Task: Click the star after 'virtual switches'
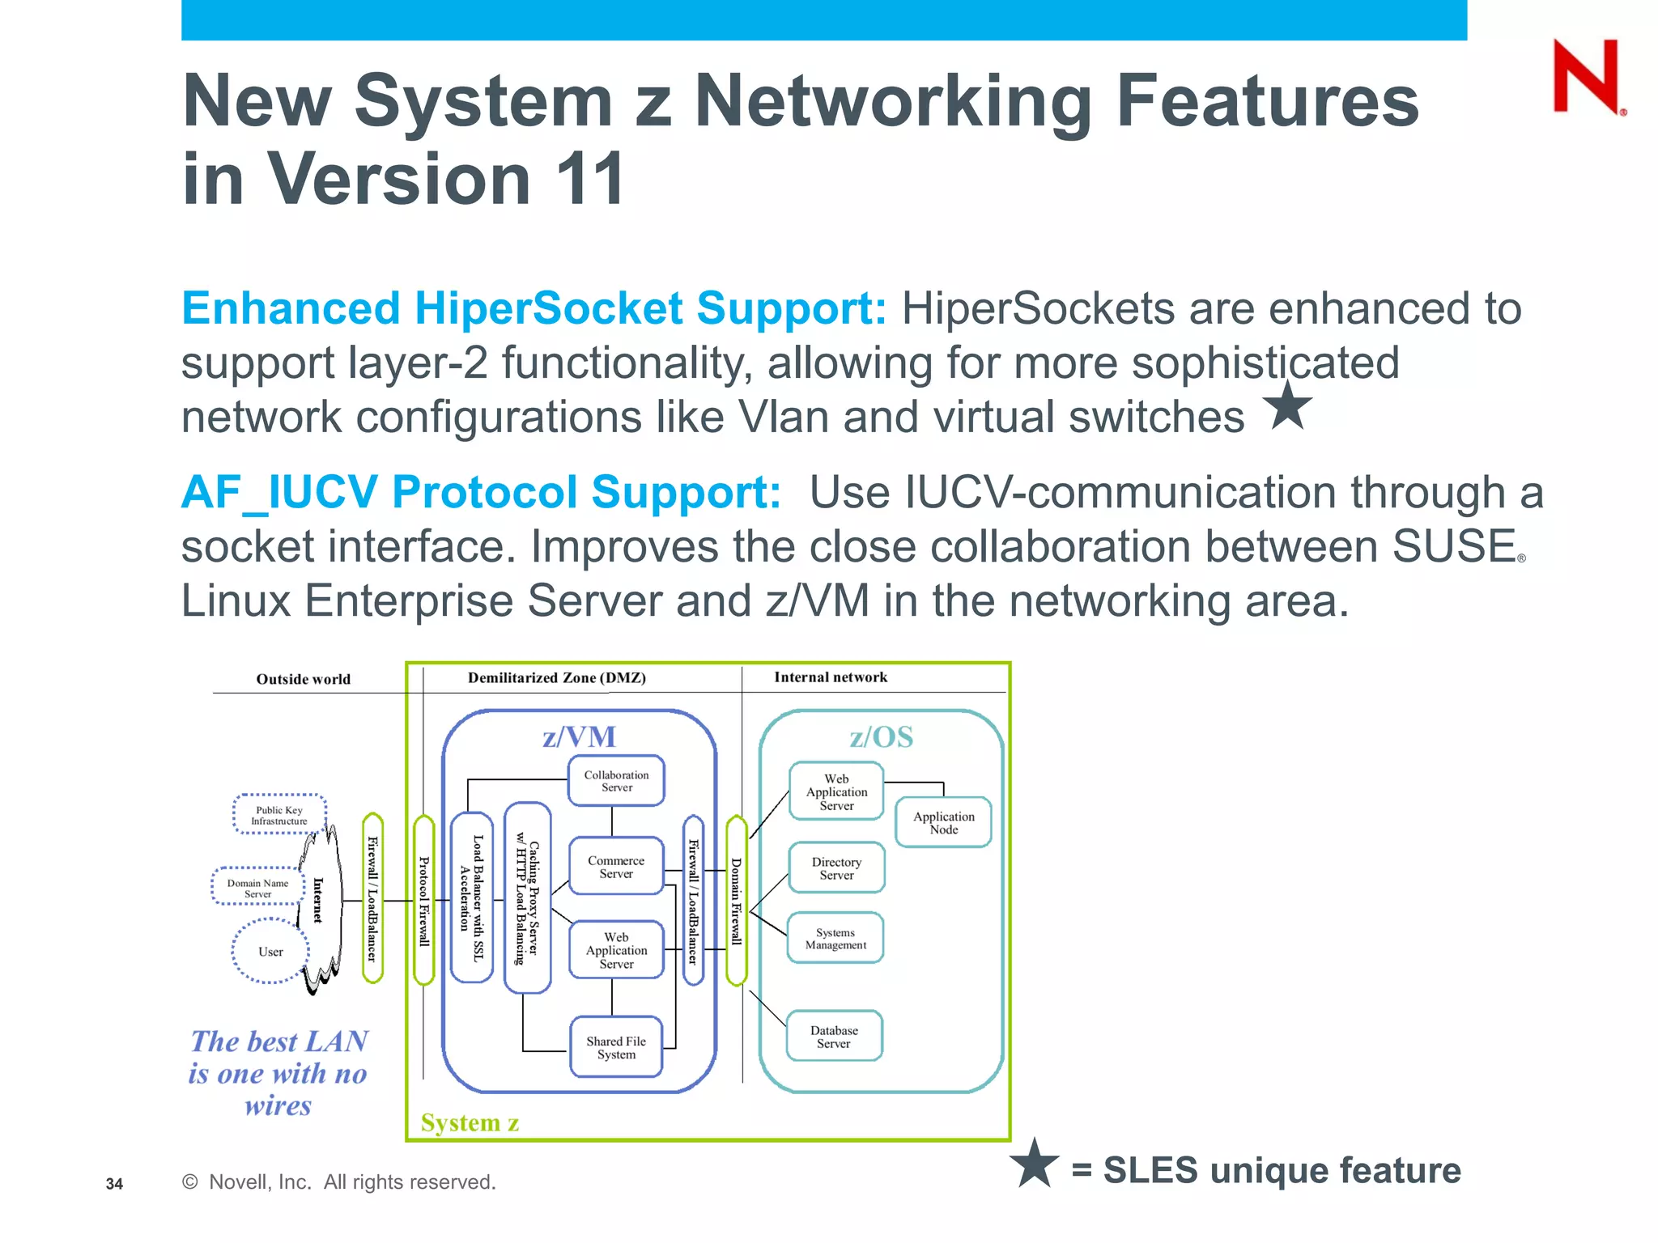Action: [x=1287, y=406]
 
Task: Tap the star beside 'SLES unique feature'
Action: [x=1034, y=1164]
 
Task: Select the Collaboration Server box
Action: [x=616, y=781]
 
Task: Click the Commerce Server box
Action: [x=616, y=867]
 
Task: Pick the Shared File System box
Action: [x=616, y=1047]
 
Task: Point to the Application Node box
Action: [x=943, y=822]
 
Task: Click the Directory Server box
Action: [x=836, y=868]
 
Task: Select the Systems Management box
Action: [x=835, y=939]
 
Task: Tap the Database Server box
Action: [x=834, y=1037]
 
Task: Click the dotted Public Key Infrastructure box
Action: [x=279, y=815]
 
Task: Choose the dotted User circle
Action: [x=270, y=952]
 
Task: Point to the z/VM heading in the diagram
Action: [x=579, y=736]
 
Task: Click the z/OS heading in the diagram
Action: [x=881, y=736]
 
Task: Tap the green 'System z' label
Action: [x=470, y=1122]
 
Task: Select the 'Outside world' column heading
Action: [x=304, y=679]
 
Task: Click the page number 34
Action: [x=114, y=1184]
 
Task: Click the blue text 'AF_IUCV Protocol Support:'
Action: [x=481, y=492]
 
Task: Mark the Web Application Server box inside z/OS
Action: [x=836, y=792]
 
